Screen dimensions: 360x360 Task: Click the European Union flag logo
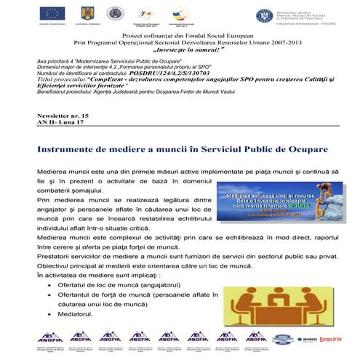52,15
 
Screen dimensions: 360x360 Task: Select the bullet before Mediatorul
48,313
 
